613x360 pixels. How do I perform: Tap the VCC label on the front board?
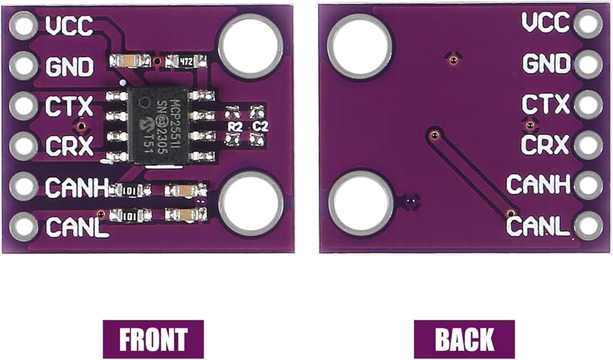tap(69, 26)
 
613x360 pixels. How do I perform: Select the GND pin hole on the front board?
tap(23, 66)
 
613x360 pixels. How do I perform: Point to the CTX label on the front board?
tap(69, 106)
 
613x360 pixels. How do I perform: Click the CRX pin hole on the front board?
tap(23, 146)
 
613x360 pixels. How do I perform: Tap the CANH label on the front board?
tap(77, 186)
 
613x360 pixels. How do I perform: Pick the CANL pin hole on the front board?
tap(23, 226)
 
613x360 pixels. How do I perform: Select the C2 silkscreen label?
tap(261, 126)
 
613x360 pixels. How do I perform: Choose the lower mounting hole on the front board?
tap(251, 205)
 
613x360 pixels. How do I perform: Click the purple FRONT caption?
tap(153, 339)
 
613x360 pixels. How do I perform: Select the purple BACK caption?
tap(464, 339)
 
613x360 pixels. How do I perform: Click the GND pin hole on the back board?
tap(588, 63)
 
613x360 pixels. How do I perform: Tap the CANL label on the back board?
tap(538, 226)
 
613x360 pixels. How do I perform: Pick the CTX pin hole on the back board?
tap(588, 104)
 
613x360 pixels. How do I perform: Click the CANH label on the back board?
tap(538, 185)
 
